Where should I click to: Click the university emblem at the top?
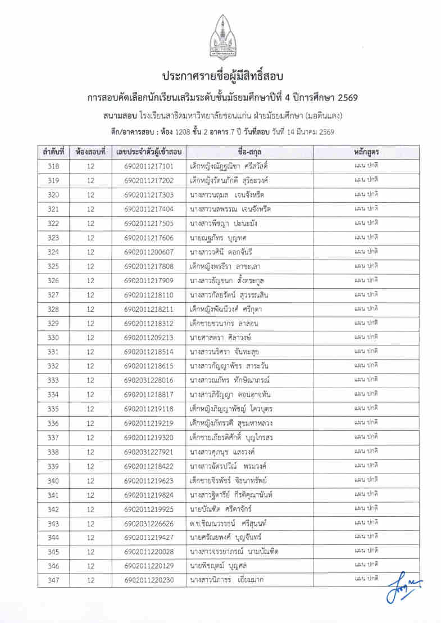pos(220,38)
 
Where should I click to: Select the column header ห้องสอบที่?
pos(90,152)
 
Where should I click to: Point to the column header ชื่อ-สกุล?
pos(249,152)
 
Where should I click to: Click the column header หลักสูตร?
pos(366,152)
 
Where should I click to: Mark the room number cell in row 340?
pos(90,480)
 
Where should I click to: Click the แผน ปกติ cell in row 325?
pos(366,266)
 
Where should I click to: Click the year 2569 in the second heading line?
pos(344,98)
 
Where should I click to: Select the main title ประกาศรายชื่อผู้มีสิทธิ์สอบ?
pos(220,76)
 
